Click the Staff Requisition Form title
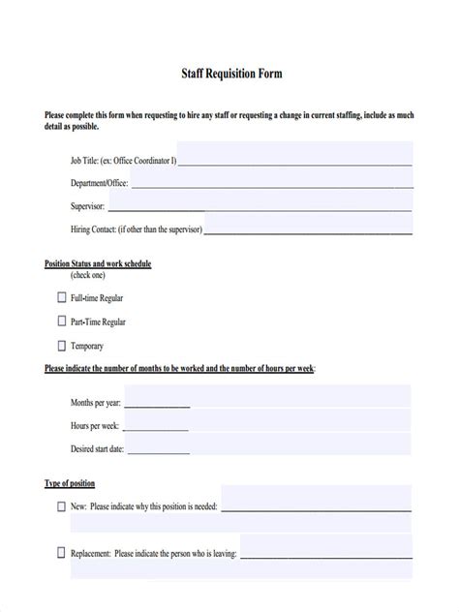(x=229, y=73)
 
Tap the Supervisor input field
(x=260, y=205)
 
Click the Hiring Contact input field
(x=308, y=229)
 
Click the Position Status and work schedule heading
(x=98, y=263)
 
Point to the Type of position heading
(x=70, y=482)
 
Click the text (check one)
(x=87, y=275)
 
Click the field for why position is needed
(x=316, y=505)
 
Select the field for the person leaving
(x=326, y=554)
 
